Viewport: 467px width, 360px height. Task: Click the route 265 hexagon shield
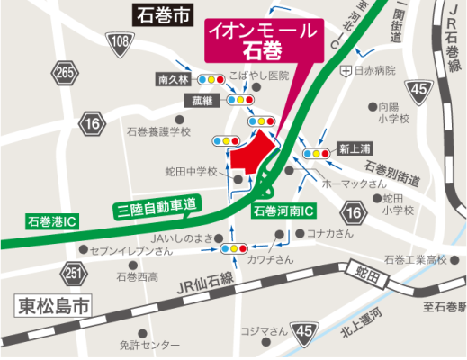[x=64, y=71]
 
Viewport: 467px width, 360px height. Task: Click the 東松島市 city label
[x=54, y=305]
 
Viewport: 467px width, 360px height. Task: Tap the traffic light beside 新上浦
[x=315, y=154]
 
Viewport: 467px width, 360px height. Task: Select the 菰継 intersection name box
[x=197, y=99]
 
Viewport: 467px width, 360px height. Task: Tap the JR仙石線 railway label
[x=206, y=287]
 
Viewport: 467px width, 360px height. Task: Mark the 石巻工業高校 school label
[x=415, y=260]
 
